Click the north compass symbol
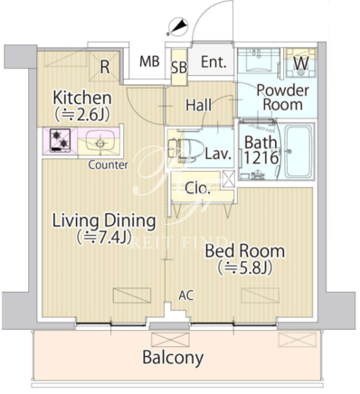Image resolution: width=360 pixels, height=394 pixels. [177, 26]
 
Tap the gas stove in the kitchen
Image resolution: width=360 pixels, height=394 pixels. [60, 140]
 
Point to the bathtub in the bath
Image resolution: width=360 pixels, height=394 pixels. [299, 152]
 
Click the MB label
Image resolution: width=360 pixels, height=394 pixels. [149, 61]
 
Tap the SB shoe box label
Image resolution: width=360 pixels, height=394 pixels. [179, 68]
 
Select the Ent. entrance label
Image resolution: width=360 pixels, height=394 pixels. [213, 62]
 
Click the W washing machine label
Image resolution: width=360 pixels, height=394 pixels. [301, 63]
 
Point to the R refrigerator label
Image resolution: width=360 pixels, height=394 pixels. [105, 67]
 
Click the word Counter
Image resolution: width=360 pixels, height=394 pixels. [109, 164]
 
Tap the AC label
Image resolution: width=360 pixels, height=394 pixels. [186, 295]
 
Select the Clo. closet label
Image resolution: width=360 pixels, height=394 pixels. [197, 188]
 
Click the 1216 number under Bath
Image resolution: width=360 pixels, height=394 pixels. [261, 157]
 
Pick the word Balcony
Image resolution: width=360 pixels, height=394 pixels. [173, 358]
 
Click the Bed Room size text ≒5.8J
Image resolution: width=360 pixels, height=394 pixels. [246, 267]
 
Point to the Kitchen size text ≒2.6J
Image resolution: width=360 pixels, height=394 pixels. [82, 115]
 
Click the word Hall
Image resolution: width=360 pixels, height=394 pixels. [198, 105]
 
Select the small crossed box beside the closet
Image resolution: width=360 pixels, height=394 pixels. [228, 179]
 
